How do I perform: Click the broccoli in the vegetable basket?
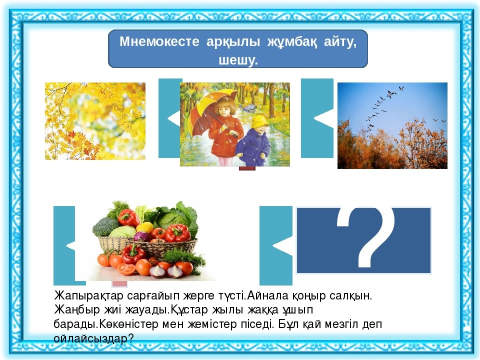(x=104, y=226)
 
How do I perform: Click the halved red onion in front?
(x=158, y=271)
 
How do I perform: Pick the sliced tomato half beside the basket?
(x=126, y=269)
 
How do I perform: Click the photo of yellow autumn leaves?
(x=95, y=121)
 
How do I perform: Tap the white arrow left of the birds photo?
(x=324, y=118)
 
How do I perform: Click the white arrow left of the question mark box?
(x=282, y=245)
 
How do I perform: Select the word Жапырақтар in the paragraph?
(x=89, y=296)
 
